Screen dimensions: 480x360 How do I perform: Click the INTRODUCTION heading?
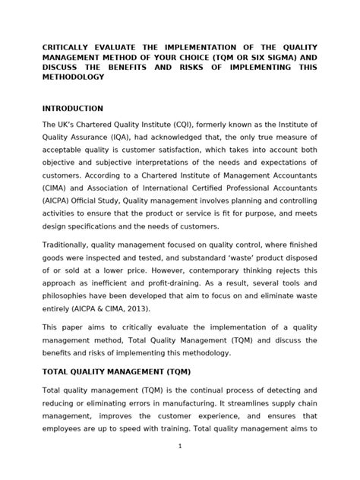pyautogui.click(x=72, y=109)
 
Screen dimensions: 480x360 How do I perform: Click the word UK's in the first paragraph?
pyautogui.click(x=71, y=124)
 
